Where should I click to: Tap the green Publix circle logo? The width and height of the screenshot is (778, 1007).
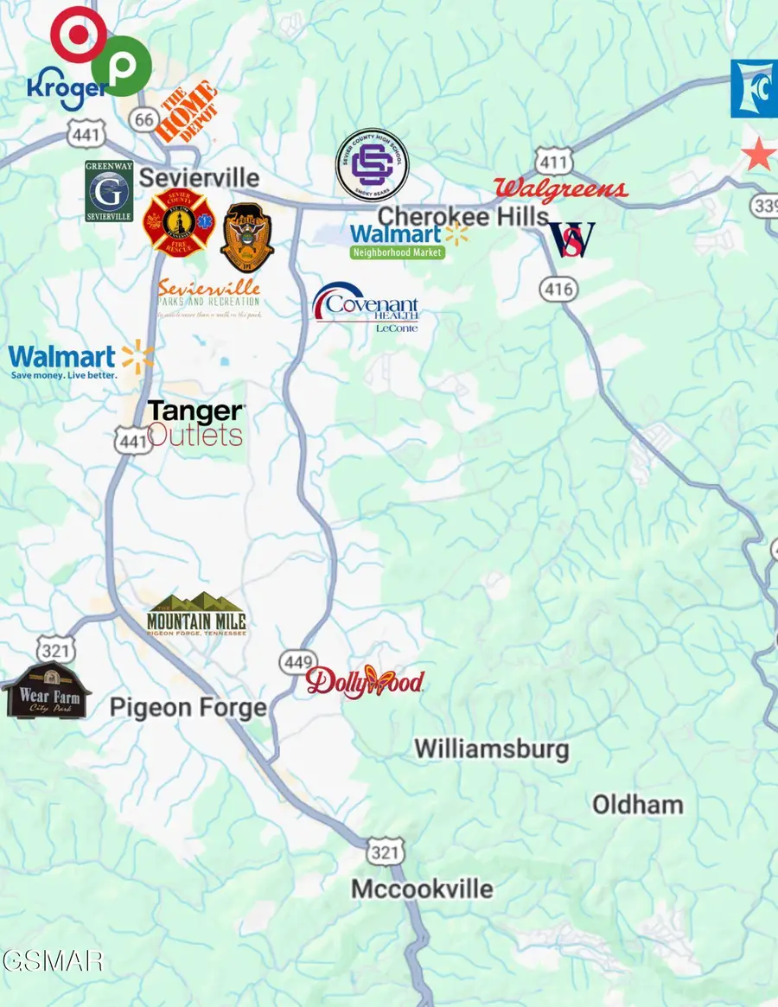(x=121, y=67)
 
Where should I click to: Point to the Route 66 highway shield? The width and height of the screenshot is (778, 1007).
(x=145, y=120)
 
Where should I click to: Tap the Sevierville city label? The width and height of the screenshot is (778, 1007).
(x=199, y=178)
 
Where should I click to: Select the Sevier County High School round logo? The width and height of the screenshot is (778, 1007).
(x=372, y=166)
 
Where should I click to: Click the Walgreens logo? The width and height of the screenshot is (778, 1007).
(x=560, y=190)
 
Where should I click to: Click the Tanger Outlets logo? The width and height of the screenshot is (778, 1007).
(x=195, y=424)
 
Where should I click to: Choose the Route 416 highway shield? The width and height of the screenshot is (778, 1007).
(x=559, y=289)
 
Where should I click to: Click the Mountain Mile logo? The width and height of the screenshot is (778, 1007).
(x=196, y=615)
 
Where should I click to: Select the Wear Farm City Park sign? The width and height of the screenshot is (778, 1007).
(x=45, y=691)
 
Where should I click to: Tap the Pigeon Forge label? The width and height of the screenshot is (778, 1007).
(x=188, y=708)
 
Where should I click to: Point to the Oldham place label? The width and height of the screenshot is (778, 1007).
(x=637, y=805)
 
